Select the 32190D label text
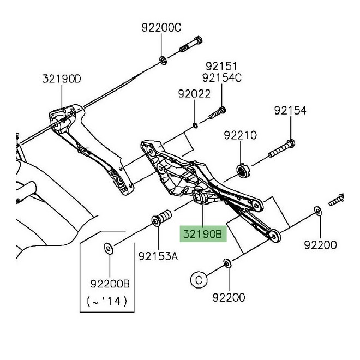[61, 79]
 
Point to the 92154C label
[221, 77]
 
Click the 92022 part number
[194, 94]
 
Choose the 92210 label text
[240, 134]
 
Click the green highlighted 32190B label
[202, 235]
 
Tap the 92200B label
[111, 284]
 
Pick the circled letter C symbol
[199, 280]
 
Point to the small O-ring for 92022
[195, 125]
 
